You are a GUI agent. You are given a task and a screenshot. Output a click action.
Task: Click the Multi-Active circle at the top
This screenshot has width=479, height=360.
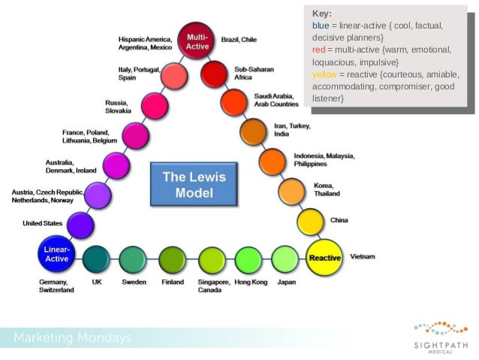(197, 41)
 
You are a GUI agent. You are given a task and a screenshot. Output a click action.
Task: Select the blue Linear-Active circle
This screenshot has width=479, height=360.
(56, 253)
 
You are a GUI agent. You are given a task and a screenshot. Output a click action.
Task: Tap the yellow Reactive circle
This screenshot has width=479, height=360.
(325, 257)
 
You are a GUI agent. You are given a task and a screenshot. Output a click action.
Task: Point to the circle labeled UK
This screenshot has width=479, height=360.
(96, 259)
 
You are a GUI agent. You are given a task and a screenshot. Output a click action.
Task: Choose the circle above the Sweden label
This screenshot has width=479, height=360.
(132, 259)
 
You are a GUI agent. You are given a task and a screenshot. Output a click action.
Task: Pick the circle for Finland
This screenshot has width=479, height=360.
(172, 259)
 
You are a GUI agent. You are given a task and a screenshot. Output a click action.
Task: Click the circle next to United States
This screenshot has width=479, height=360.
(80, 225)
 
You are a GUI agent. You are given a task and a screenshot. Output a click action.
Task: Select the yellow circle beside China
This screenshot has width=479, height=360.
(310, 221)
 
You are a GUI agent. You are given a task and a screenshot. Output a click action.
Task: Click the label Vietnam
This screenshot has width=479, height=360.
(363, 257)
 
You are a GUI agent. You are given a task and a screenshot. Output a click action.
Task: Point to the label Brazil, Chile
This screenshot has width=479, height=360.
(239, 39)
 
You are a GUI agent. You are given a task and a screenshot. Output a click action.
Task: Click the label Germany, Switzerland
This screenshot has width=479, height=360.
(56, 286)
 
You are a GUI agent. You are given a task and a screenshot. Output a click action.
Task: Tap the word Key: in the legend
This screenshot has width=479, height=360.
(322, 14)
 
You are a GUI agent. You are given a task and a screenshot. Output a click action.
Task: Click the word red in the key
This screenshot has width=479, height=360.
(318, 50)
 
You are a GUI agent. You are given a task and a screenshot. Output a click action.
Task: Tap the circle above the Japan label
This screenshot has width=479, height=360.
(285, 259)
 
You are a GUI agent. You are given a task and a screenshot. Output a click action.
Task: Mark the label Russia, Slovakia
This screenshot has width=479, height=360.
(119, 106)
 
